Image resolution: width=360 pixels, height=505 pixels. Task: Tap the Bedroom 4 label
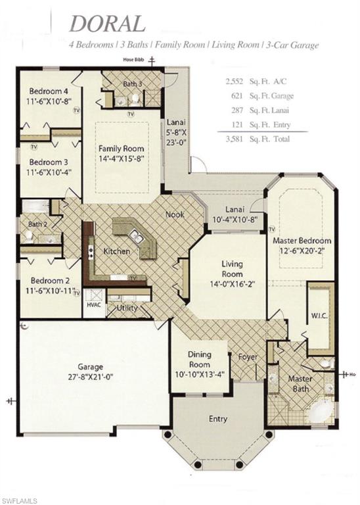coord(48,91)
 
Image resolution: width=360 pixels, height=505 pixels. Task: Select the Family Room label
coord(122,149)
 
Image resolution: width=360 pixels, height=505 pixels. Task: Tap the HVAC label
coord(93,304)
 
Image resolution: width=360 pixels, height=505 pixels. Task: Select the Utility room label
coord(126,308)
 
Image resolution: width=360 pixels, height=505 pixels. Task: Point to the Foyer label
coord(248,358)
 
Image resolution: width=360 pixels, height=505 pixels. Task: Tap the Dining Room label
coord(199,360)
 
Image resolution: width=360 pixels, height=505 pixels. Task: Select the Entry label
coord(218,419)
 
